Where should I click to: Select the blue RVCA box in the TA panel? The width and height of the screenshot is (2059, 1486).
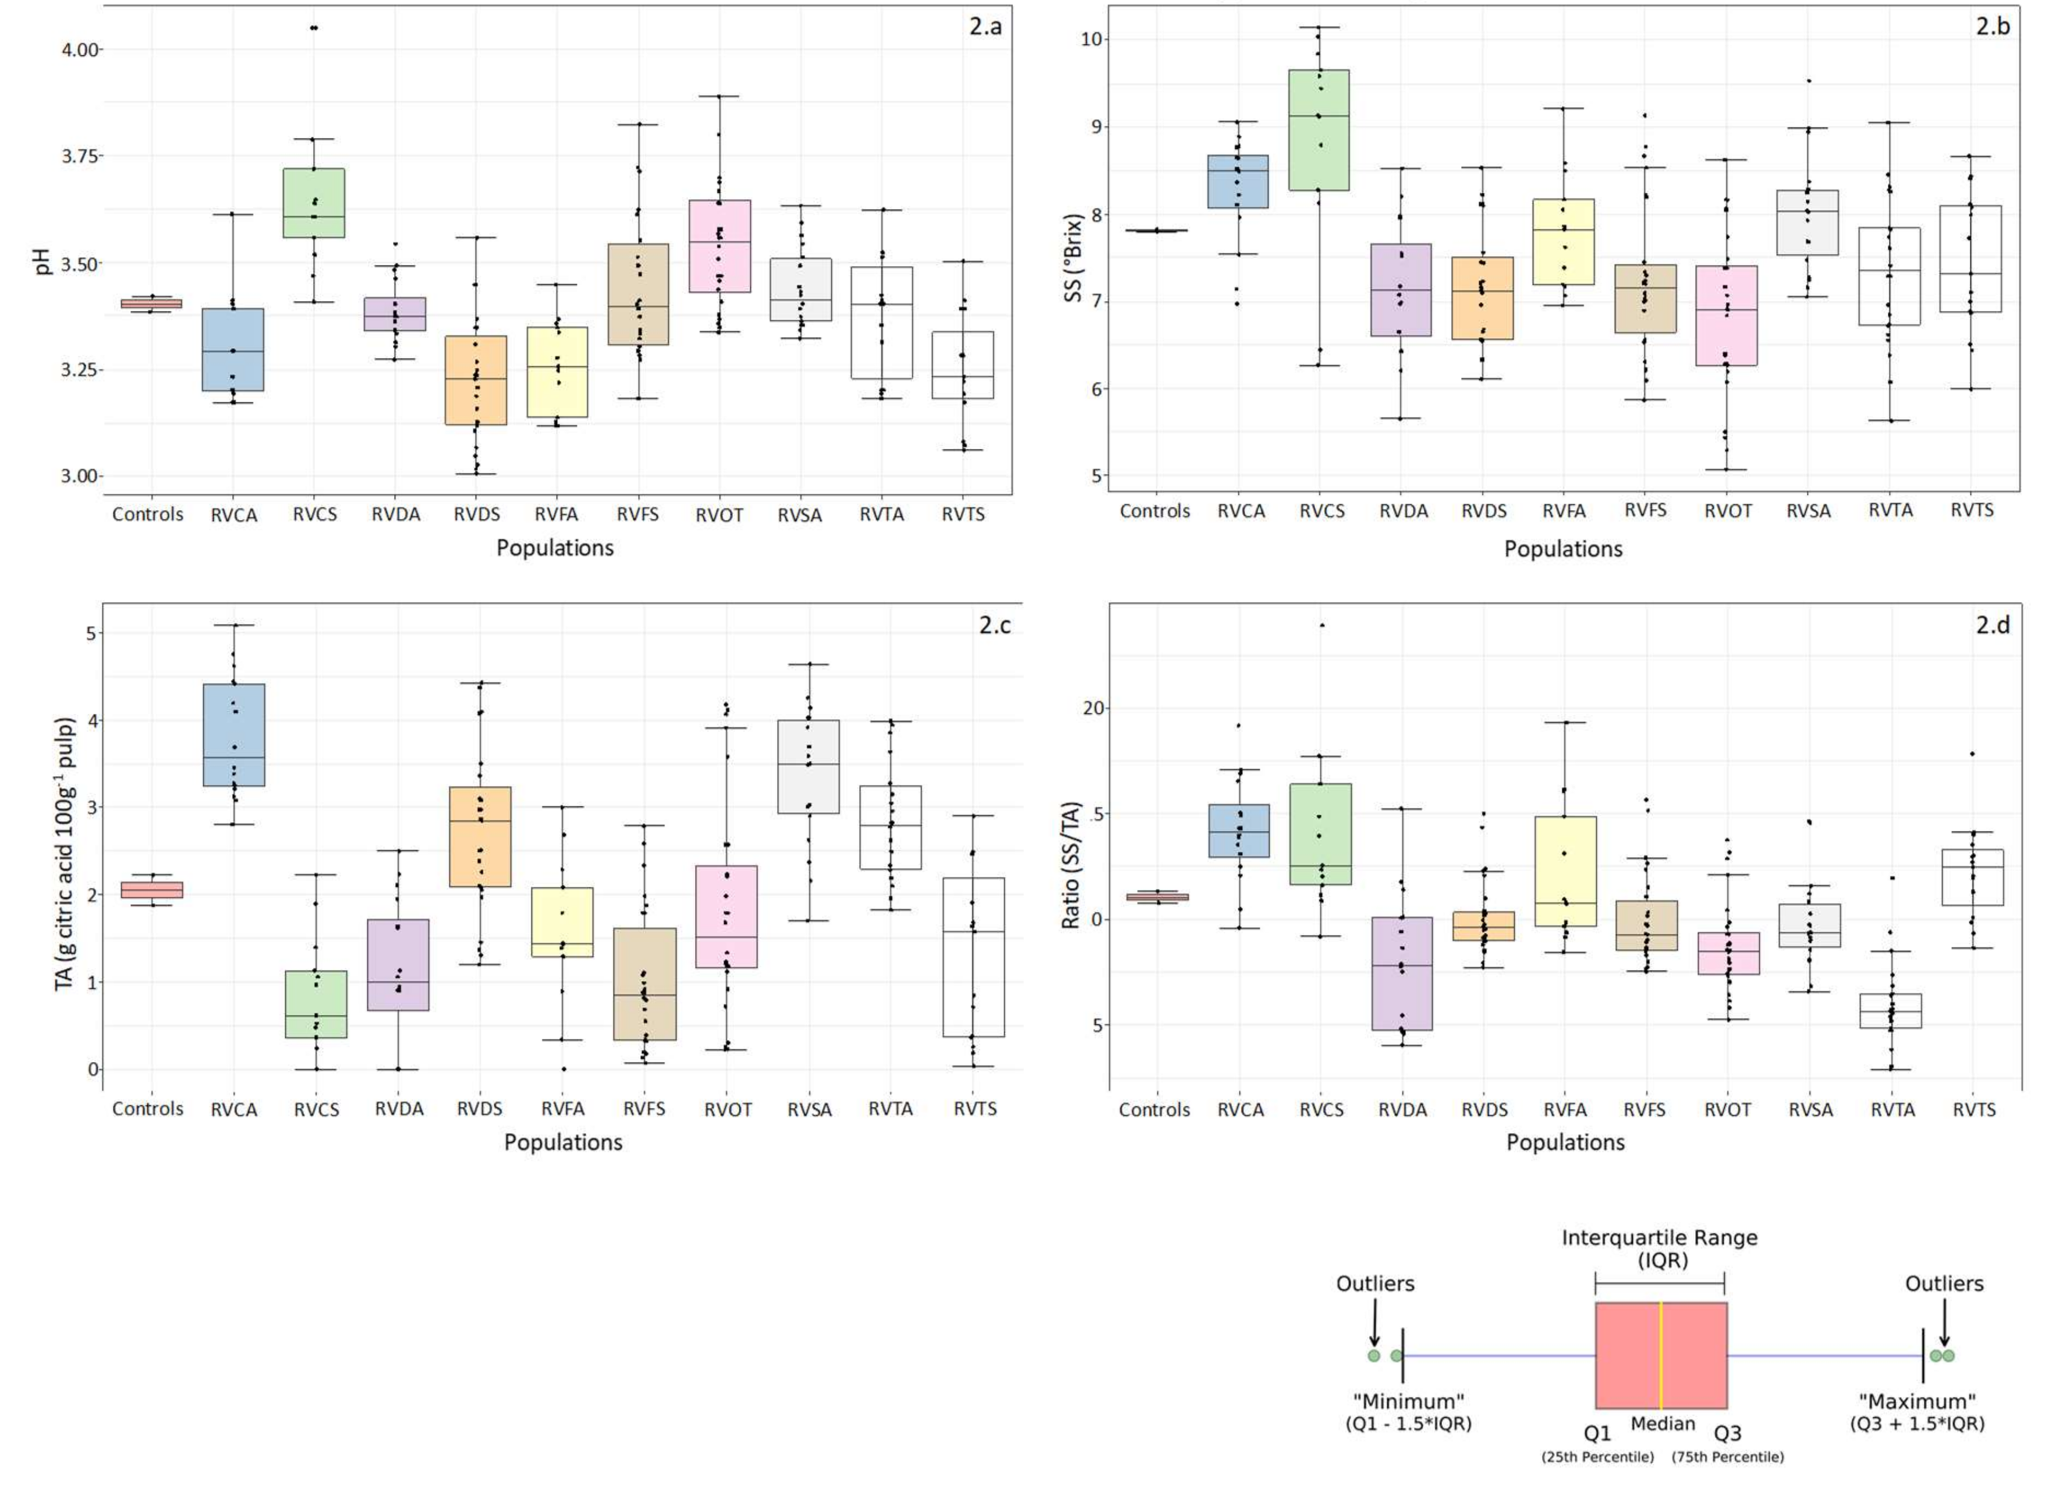234,734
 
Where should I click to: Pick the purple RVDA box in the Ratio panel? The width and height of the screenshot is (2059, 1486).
1402,973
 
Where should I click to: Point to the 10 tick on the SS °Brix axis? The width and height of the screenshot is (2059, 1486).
1090,39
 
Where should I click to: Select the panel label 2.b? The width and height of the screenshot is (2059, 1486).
1993,26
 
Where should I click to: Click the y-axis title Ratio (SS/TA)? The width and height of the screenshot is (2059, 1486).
1071,865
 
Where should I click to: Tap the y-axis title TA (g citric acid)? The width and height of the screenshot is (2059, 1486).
65,854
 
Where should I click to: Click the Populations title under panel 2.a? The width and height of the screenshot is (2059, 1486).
555,548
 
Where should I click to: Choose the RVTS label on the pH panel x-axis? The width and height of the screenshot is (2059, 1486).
962,514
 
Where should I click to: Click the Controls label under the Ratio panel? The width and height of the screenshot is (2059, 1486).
1154,1109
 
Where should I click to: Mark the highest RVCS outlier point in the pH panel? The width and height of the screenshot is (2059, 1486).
314,28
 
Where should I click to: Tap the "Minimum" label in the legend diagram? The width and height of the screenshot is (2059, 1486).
1408,1400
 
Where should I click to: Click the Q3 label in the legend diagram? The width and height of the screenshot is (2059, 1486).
1727,1434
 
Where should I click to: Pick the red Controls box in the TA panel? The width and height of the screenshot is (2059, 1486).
151,889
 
